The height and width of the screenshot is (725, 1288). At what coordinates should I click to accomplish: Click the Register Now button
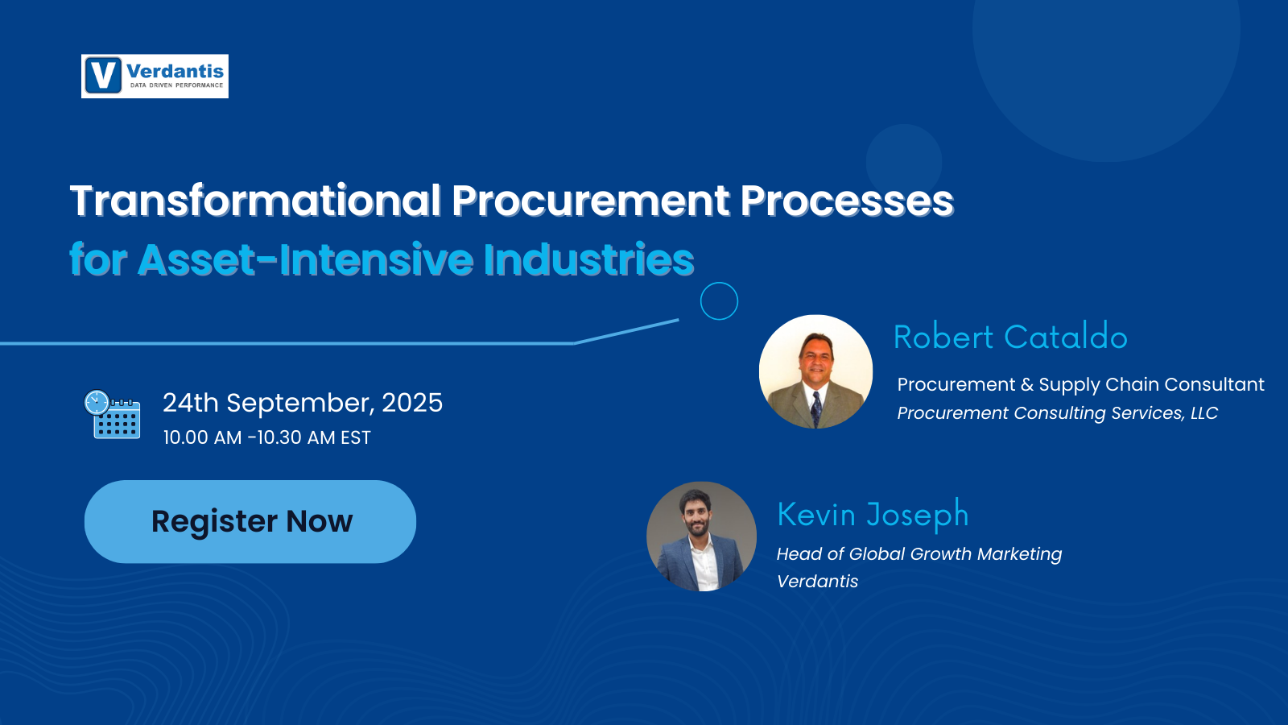(250, 521)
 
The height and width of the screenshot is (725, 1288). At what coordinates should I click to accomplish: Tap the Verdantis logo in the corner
(155, 77)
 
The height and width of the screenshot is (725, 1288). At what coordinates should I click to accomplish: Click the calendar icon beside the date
(113, 414)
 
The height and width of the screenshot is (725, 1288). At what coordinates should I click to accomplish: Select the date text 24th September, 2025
(303, 402)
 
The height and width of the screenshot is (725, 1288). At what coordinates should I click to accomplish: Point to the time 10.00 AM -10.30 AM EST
(266, 437)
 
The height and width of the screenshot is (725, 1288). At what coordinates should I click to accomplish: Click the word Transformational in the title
(255, 201)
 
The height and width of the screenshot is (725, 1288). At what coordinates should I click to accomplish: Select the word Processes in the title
(847, 201)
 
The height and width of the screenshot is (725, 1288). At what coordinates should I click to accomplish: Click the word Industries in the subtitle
(589, 259)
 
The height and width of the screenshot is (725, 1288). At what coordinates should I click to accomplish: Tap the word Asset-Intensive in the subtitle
(306, 259)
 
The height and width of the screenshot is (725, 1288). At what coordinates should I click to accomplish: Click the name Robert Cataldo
(1010, 337)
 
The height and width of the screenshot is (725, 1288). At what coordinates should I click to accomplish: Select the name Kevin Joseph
(873, 514)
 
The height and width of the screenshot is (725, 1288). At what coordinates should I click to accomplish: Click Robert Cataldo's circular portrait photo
(815, 371)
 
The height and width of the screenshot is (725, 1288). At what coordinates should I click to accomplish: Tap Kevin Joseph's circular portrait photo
(701, 536)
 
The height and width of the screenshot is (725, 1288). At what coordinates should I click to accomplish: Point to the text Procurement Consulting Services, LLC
(1057, 412)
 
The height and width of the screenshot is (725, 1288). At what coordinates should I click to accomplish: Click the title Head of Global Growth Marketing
(919, 553)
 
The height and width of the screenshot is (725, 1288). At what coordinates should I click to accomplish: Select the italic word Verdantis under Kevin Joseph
(817, 581)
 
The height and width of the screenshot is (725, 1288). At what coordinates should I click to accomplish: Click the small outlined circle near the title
(719, 301)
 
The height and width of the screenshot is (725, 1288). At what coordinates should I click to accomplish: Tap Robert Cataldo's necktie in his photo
(816, 408)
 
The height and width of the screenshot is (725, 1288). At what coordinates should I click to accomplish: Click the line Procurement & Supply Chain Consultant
(1080, 384)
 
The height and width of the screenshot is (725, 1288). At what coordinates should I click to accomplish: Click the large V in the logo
(103, 76)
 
